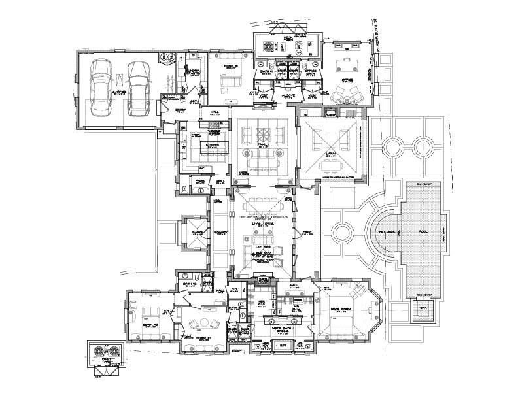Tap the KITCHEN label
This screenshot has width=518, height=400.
[213, 146]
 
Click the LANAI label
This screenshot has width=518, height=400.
[330, 154]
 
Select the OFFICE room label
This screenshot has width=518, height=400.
[347, 81]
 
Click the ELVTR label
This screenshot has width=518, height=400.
[194, 231]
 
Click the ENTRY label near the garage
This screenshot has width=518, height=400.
[181, 110]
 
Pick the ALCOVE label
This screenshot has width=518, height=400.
[289, 95]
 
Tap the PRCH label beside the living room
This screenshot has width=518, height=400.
[307, 232]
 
